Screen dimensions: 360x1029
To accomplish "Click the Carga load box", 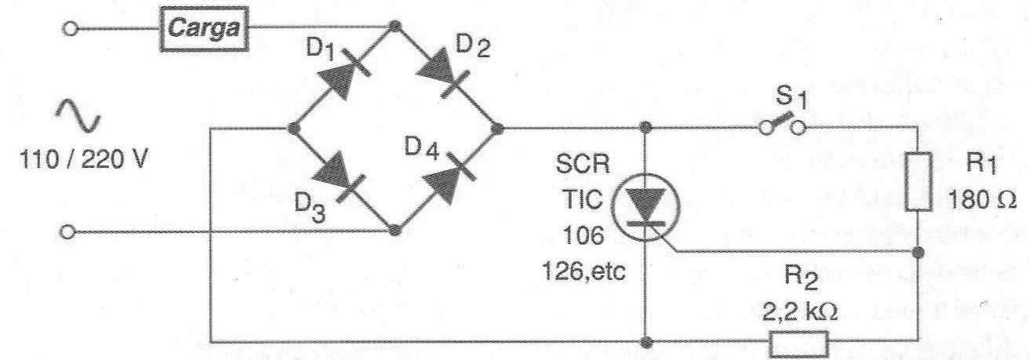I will point(204,31).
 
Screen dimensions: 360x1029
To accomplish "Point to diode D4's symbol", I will point(445,177).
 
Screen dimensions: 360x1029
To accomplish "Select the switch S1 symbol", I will point(781,126).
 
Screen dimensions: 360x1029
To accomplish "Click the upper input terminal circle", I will point(71,29).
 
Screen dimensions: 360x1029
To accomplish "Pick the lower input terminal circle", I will point(68,232).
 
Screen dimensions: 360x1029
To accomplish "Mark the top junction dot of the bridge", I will point(395,28).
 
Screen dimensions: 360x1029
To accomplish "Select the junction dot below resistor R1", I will point(919,253).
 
